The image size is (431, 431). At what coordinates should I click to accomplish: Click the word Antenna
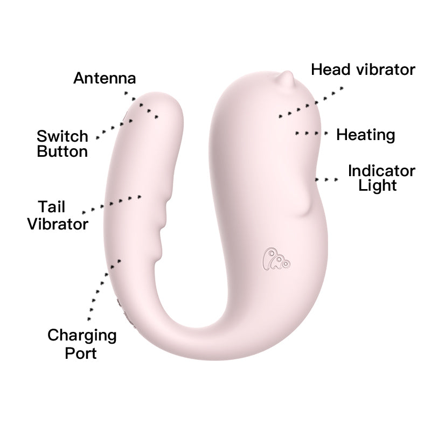click(x=105, y=78)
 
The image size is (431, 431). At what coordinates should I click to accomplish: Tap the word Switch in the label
click(x=62, y=135)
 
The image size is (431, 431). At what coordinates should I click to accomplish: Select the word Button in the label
click(x=62, y=151)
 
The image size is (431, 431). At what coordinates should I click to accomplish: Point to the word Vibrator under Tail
click(x=58, y=224)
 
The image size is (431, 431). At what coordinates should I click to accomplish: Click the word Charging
click(x=82, y=335)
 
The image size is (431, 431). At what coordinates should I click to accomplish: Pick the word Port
click(x=81, y=353)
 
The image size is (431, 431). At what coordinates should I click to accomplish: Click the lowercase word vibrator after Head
click(x=387, y=70)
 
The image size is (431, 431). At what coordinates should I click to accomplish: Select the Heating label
click(x=366, y=135)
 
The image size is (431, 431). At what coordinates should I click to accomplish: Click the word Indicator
click(x=381, y=171)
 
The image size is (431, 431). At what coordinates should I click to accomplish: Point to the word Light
click(x=378, y=186)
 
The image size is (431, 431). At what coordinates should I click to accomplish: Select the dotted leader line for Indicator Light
click(x=327, y=179)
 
